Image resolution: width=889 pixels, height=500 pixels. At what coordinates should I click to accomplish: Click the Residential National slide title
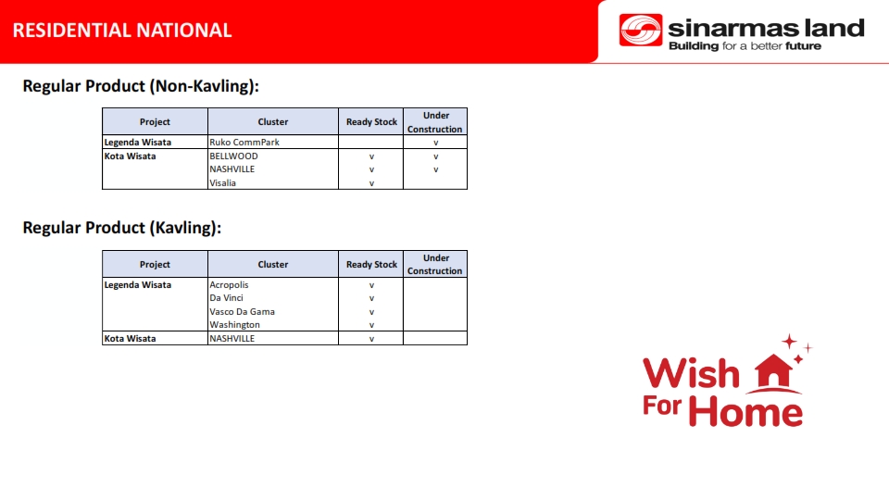click(x=122, y=30)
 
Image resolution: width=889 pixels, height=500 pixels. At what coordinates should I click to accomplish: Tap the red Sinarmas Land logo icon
click(x=641, y=30)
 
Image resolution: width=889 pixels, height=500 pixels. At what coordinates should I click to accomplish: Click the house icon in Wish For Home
click(x=774, y=372)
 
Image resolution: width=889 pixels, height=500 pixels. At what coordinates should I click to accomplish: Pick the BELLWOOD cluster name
click(x=233, y=156)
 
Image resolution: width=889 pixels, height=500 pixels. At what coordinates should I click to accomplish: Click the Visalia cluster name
click(x=223, y=183)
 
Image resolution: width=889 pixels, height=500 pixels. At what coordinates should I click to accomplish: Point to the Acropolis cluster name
click(x=229, y=284)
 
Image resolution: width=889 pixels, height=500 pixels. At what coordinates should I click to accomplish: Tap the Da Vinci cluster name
click(x=226, y=297)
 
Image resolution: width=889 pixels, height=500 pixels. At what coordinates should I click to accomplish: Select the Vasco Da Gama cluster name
click(x=242, y=312)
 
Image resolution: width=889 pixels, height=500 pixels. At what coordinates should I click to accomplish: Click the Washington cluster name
click(x=234, y=325)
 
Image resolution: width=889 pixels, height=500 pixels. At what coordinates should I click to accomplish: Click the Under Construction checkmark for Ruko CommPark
click(x=435, y=143)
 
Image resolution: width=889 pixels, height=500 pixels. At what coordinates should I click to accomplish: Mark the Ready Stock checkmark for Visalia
click(x=371, y=183)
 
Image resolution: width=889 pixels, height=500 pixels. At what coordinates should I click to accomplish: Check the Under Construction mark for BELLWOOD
click(x=435, y=156)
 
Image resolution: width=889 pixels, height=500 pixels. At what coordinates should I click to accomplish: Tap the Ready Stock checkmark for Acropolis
click(x=371, y=285)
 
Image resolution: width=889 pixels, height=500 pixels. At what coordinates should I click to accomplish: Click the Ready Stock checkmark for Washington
click(x=371, y=325)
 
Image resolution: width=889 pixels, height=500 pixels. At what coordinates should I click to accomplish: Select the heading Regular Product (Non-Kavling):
click(x=141, y=86)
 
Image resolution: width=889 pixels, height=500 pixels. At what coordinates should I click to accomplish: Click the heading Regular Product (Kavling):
click(x=122, y=228)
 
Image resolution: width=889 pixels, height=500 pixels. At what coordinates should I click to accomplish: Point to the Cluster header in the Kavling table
click(x=272, y=264)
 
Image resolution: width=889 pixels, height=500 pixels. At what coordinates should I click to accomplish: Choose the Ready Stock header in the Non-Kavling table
click(x=371, y=122)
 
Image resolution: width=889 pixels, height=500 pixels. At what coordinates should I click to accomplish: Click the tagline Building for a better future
click(x=745, y=46)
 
